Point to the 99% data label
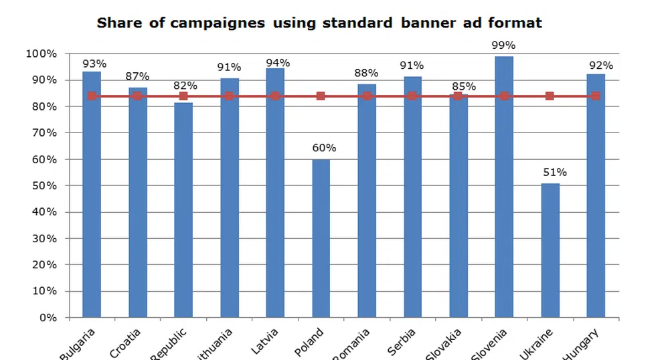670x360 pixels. (x=504, y=46)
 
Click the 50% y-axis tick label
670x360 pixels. (x=46, y=185)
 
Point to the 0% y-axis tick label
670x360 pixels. (x=48, y=317)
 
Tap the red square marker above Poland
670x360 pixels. (x=321, y=96)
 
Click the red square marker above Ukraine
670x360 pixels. (x=550, y=96)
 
